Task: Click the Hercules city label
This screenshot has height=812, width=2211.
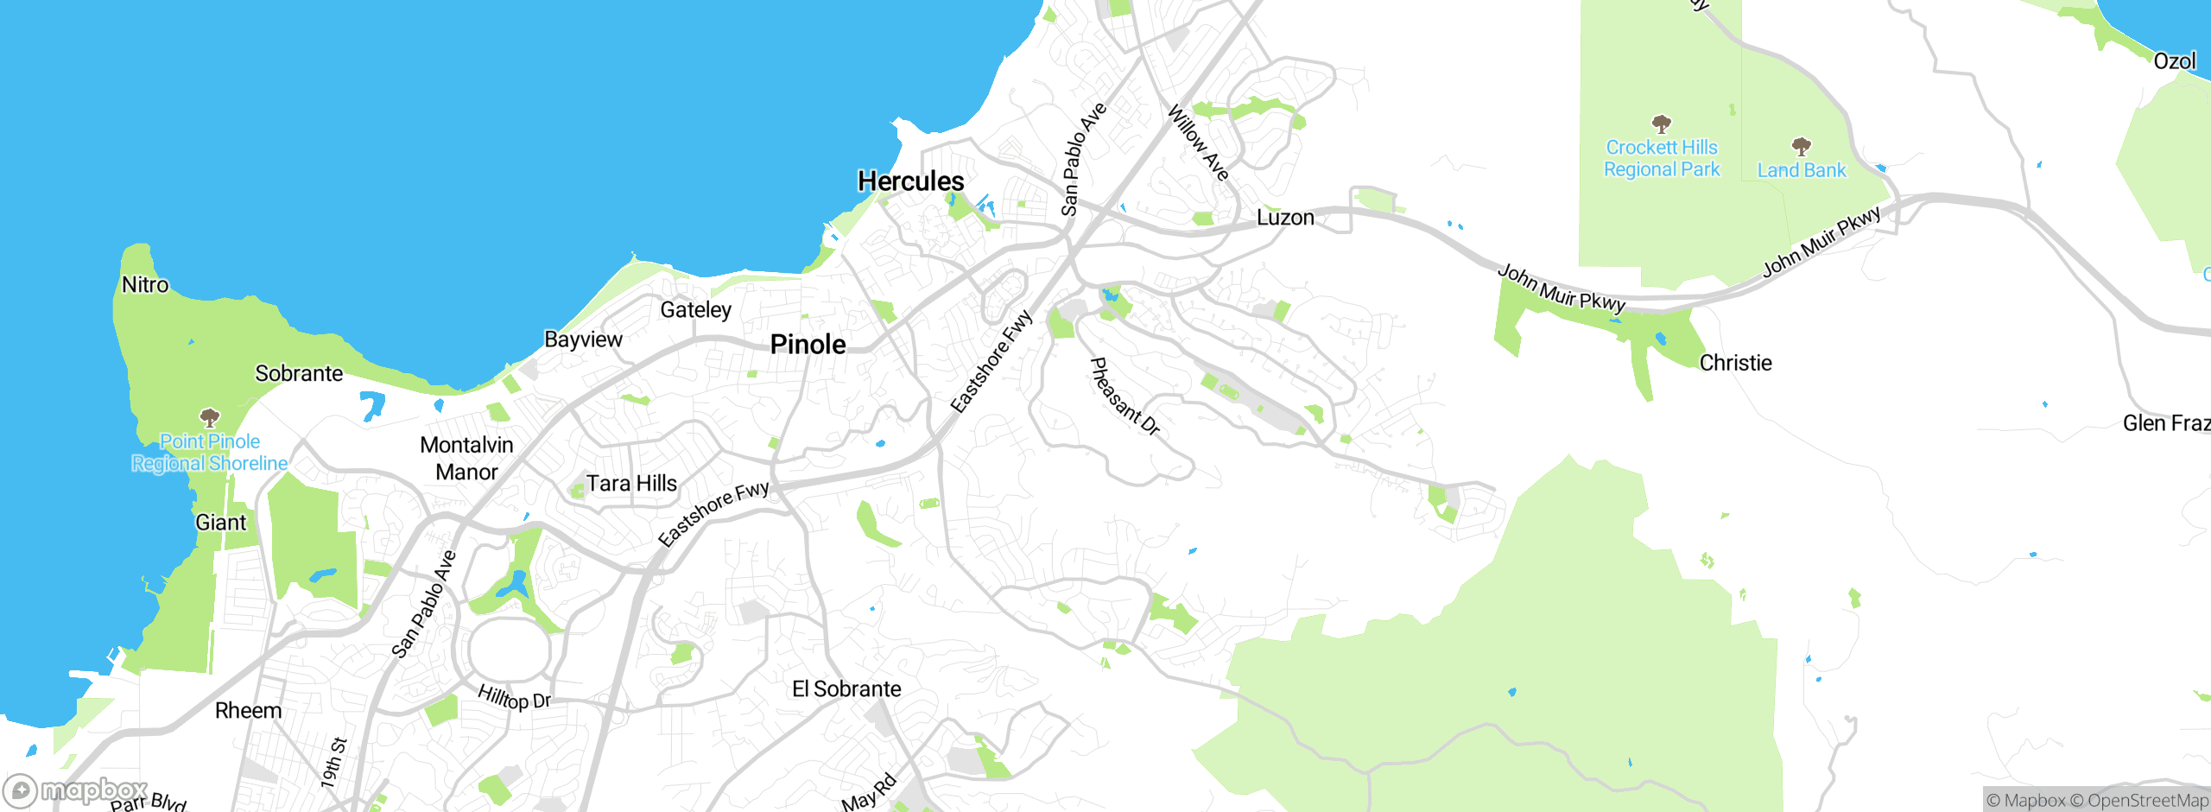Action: (x=910, y=181)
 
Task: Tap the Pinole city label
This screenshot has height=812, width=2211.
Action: (x=808, y=345)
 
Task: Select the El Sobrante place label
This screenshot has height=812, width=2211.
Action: (x=846, y=688)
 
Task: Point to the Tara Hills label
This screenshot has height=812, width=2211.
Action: (x=631, y=483)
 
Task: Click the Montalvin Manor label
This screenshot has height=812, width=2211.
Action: (x=466, y=458)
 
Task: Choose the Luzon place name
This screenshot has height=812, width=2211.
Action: (x=1285, y=218)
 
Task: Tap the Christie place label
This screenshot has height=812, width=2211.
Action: (x=1735, y=363)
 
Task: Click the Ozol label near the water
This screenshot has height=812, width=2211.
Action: (x=2174, y=61)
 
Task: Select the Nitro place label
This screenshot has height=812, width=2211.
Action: (x=145, y=285)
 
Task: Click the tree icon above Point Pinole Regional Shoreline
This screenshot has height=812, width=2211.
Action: (x=209, y=419)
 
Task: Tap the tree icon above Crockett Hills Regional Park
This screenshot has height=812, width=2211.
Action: (x=1661, y=124)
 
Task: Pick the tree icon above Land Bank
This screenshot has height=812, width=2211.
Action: (x=1801, y=145)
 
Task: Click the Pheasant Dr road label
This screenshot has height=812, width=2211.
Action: (x=1125, y=396)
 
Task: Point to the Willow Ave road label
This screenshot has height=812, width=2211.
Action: (x=1198, y=143)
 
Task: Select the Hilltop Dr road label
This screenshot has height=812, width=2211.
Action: (x=514, y=697)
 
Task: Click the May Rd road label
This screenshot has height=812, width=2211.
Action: (x=869, y=794)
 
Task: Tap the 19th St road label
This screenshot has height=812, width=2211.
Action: (x=333, y=762)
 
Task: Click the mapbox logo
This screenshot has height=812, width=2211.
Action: (x=76, y=790)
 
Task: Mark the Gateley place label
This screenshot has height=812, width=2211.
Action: (x=695, y=309)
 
